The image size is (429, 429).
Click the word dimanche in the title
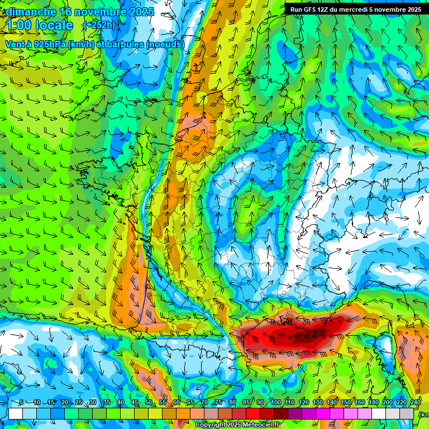point(31,12)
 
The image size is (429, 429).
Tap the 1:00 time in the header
point(19,25)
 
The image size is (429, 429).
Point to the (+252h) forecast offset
point(99,25)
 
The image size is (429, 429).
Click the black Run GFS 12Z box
point(356,9)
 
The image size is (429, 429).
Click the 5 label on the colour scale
point(21,403)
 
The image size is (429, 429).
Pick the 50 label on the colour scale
point(148,403)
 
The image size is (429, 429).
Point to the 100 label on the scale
point(275,403)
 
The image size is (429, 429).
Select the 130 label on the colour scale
point(317,403)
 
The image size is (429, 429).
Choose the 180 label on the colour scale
point(373,403)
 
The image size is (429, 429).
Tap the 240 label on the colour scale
point(415,403)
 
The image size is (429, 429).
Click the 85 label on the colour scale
point(246,403)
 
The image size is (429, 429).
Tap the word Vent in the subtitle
point(16,44)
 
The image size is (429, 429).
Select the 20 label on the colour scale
point(64,403)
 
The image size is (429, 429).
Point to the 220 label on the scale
point(401,403)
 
